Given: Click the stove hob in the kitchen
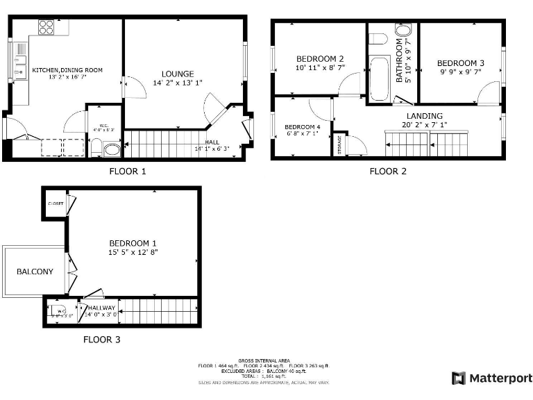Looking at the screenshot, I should click(x=46, y=27).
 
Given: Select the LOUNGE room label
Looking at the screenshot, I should click(x=178, y=74).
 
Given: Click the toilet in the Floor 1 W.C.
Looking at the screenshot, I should click(x=111, y=149).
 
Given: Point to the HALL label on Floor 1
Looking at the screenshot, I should click(x=212, y=142).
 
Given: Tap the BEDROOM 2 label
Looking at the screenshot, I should click(x=320, y=58).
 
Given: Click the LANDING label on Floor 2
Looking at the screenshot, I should click(x=424, y=116).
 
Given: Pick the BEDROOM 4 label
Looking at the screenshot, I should click(x=302, y=127).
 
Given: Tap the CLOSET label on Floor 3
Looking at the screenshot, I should click(x=56, y=203).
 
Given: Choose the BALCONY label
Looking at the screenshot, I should click(x=35, y=272).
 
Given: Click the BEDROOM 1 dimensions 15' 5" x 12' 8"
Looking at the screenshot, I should click(x=133, y=252).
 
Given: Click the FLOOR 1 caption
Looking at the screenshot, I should click(x=128, y=171).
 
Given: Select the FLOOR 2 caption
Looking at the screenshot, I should click(x=387, y=171).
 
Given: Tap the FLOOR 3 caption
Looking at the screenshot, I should click(x=101, y=340).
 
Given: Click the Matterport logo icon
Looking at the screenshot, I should click(x=458, y=378).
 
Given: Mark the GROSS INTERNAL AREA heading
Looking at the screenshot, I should click(x=265, y=360).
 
